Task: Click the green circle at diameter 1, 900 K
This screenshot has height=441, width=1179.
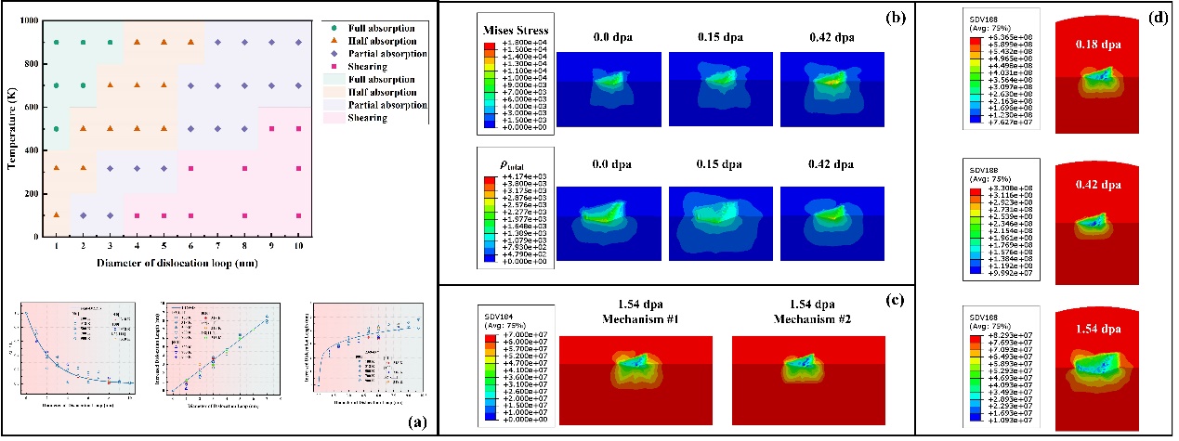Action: click(57, 42)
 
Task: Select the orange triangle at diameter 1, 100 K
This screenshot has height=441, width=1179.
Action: click(57, 215)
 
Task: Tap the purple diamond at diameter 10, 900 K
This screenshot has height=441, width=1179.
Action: click(299, 42)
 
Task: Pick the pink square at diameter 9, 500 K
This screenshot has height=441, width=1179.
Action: click(272, 128)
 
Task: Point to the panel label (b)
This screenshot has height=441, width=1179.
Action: click(890, 16)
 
